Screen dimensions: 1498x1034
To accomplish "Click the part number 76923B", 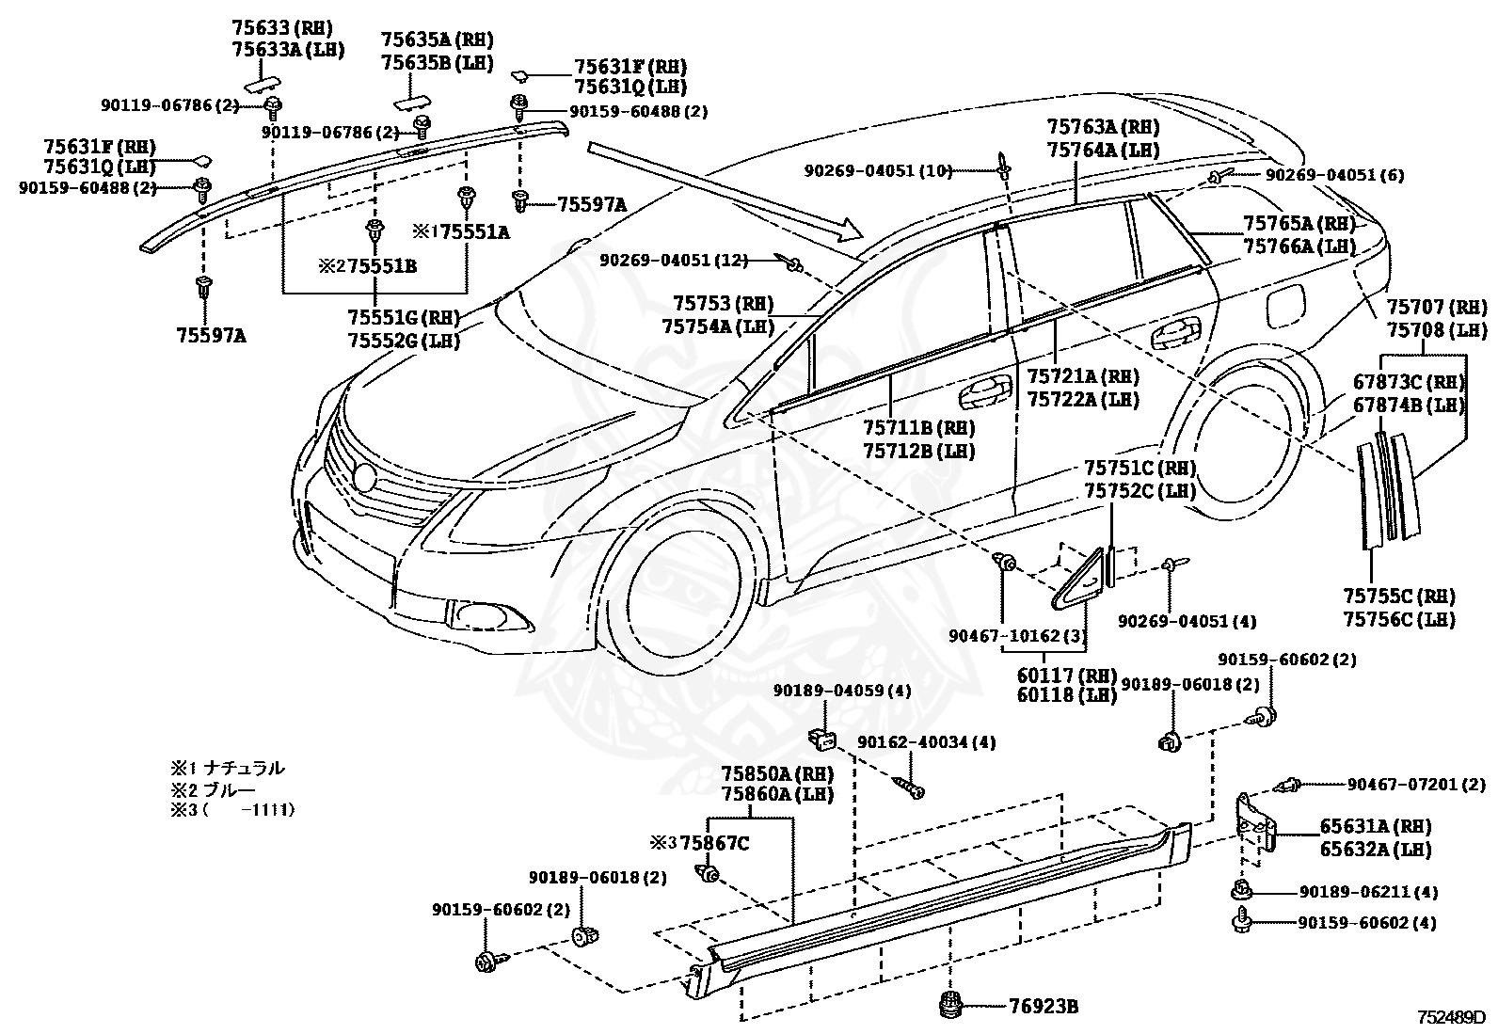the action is click(x=1044, y=1006).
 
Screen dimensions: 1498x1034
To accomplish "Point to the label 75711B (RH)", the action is click(x=918, y=427).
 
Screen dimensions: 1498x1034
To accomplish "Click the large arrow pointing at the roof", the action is click(x=725, y=191).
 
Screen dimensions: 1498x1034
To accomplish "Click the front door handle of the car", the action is click(x=985, y=393).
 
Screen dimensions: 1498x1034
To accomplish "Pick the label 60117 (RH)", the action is click(x=1067, y=675).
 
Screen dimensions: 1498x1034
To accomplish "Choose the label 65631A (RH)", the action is click(x=1376, y=827).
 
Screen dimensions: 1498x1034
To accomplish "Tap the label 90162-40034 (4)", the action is click(x=926, y=742).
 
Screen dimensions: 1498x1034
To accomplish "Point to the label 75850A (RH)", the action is click(x=777, y=773).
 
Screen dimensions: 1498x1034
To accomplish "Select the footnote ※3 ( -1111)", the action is click(x=232, y=810).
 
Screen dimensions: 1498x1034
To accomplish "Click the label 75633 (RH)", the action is click(x=281, y=27).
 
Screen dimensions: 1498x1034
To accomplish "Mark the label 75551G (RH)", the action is click(x=404, y=317).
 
